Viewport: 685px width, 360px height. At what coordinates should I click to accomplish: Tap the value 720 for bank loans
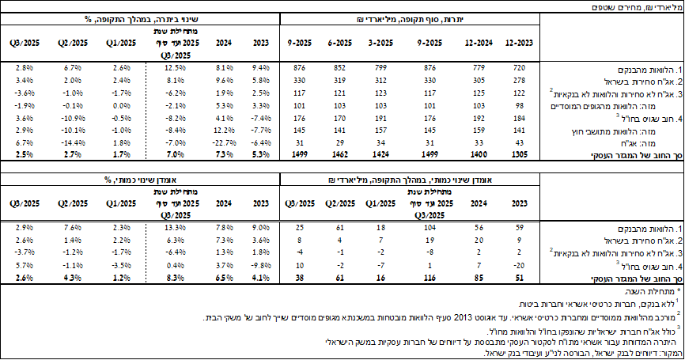pyautogui.click(x=519, y=67)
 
